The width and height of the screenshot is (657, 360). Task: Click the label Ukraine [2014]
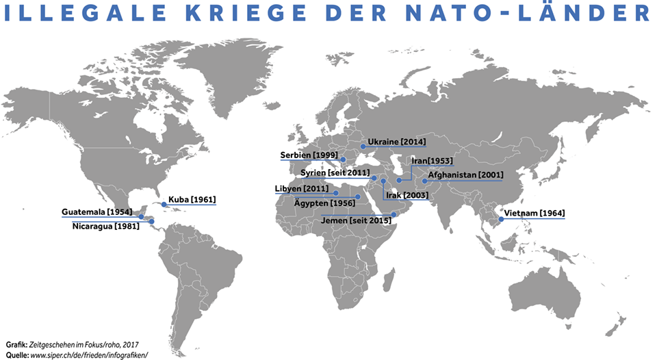click(396, 142)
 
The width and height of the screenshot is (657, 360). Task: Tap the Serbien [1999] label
click(308, 155)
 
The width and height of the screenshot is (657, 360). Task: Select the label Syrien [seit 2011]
click(335, 172)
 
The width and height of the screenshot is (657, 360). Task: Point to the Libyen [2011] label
click(302, 188)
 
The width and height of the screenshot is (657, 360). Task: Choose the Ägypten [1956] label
click(324, 203)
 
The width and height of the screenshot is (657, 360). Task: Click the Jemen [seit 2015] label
click(356, 220)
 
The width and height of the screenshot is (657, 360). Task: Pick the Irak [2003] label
click(407, 195)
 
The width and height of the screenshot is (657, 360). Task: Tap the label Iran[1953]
click(431, 161)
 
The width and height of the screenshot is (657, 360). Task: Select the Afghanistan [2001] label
click(465, 175)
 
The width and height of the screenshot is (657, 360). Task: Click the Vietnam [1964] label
click(534, 214)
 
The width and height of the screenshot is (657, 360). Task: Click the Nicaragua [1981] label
click(106, 226)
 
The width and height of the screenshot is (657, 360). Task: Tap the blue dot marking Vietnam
click(501, 219)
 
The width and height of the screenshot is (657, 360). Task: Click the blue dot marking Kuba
click(164, 205)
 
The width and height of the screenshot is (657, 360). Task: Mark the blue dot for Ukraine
click(363, 146)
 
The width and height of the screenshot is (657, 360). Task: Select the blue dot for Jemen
click(394, 215)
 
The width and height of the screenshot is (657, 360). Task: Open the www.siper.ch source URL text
click(89, 354)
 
